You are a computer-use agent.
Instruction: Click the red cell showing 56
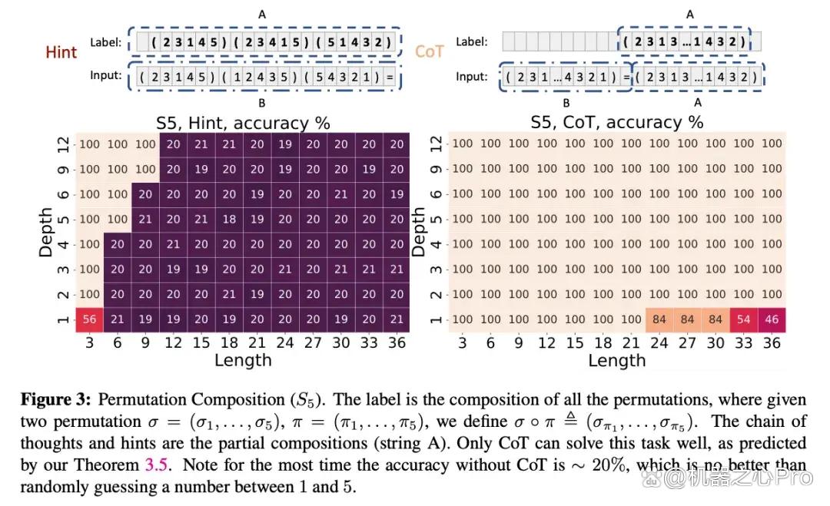[89, 319]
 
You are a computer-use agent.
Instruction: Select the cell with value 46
[772, 319]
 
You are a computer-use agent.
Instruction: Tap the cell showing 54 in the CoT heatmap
[744, 319]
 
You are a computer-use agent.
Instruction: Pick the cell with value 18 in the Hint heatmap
[229, 219]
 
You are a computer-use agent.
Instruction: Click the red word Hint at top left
[61, 51]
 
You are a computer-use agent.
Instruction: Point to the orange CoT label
[430, 51]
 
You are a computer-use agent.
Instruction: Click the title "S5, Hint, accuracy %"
[243, 123]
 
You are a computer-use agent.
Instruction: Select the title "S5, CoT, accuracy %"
[617, 122]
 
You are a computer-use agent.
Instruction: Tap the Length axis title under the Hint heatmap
[243, 360]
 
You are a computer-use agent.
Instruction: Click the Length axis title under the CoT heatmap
[617, 360]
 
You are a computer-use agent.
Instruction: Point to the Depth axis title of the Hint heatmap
[46, 232]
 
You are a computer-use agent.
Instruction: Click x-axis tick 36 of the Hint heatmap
[397, 342]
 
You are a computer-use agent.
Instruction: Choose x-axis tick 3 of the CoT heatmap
[463, 342]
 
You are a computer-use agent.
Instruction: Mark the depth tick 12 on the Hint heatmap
[63, 144]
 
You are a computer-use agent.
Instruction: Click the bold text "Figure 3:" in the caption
[55, 399]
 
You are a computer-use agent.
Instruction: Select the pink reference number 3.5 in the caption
[157, 465]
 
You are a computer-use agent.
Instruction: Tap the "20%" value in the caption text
[609, 465]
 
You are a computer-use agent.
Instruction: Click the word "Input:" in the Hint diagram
[106, 75]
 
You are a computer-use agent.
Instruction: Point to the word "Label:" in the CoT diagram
[472, 41]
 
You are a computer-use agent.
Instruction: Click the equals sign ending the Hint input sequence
[390, 78]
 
